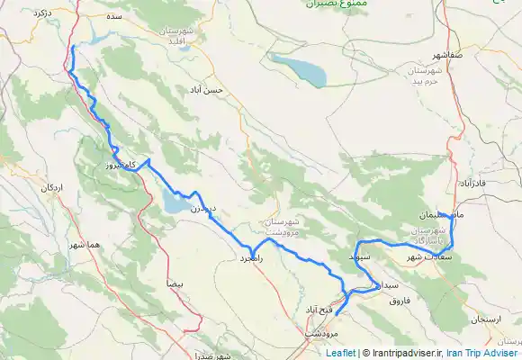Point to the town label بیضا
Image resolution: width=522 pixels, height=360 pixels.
coord(175,283)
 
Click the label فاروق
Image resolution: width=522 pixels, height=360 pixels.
coord(399,300)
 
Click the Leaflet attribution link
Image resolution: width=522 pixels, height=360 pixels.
coord(340,353)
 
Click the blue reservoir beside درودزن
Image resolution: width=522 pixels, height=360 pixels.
coord(174,205)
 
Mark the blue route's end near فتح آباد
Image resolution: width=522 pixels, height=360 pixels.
coord(336,315)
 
